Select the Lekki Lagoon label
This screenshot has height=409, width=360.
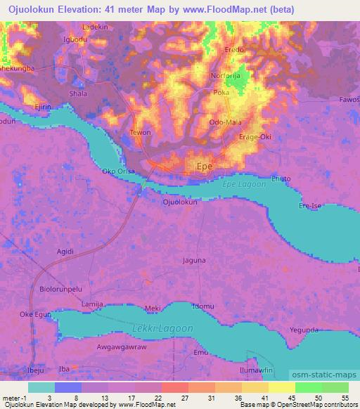tap(162, 328)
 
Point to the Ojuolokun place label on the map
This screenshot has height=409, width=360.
tap(180, 202)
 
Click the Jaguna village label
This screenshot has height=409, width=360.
tap(194, 260)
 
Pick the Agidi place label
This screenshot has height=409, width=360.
tap(65, 251)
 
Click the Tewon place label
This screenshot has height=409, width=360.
tap(141, 132)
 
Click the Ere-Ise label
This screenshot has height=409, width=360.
tap(311, 206)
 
